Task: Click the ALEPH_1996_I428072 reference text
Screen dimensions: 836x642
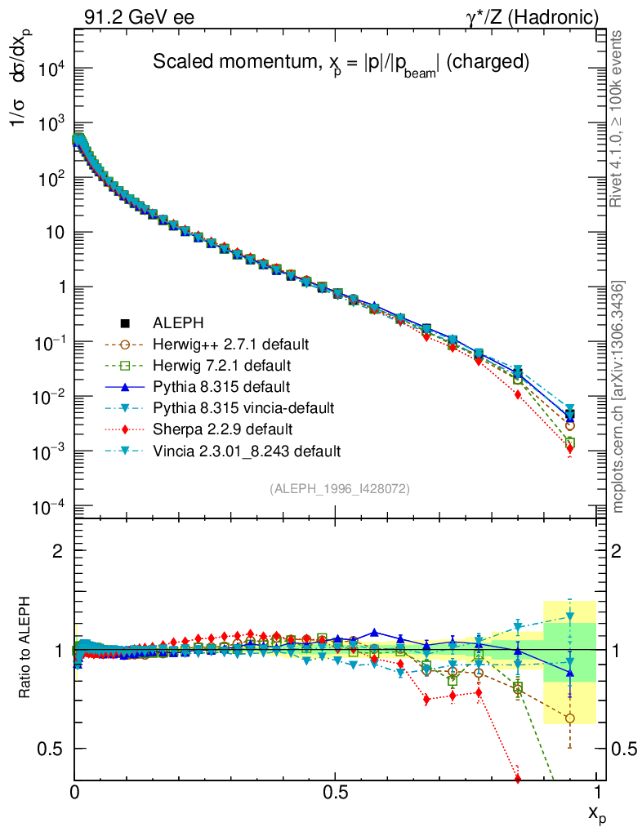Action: pyautogui.click(x=339, y=489)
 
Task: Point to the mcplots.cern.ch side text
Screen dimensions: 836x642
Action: pyautogui.click(x=619, y=397)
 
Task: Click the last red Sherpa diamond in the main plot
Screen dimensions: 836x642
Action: pyautogui.click(x=569, y=448)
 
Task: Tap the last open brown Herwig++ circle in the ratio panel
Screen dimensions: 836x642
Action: pyautogui.click(x=569, y=718)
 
